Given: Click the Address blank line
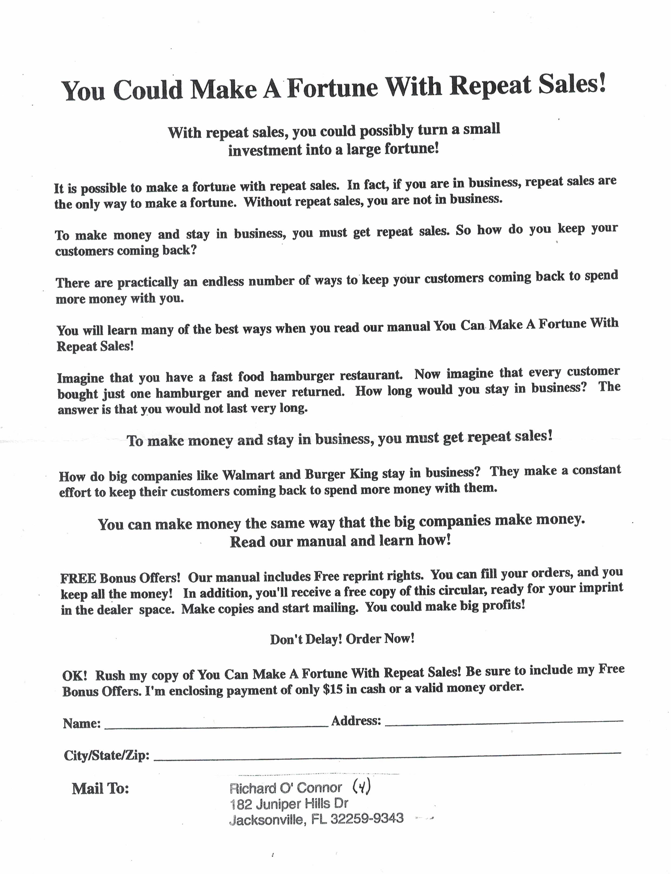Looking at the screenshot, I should pos(503,722).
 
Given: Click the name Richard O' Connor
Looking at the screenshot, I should pos(286,788).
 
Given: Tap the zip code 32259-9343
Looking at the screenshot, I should pos(367,819).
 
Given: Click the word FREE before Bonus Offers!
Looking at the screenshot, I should pos(78,578).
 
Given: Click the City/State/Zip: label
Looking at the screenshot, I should pos(107,755).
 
